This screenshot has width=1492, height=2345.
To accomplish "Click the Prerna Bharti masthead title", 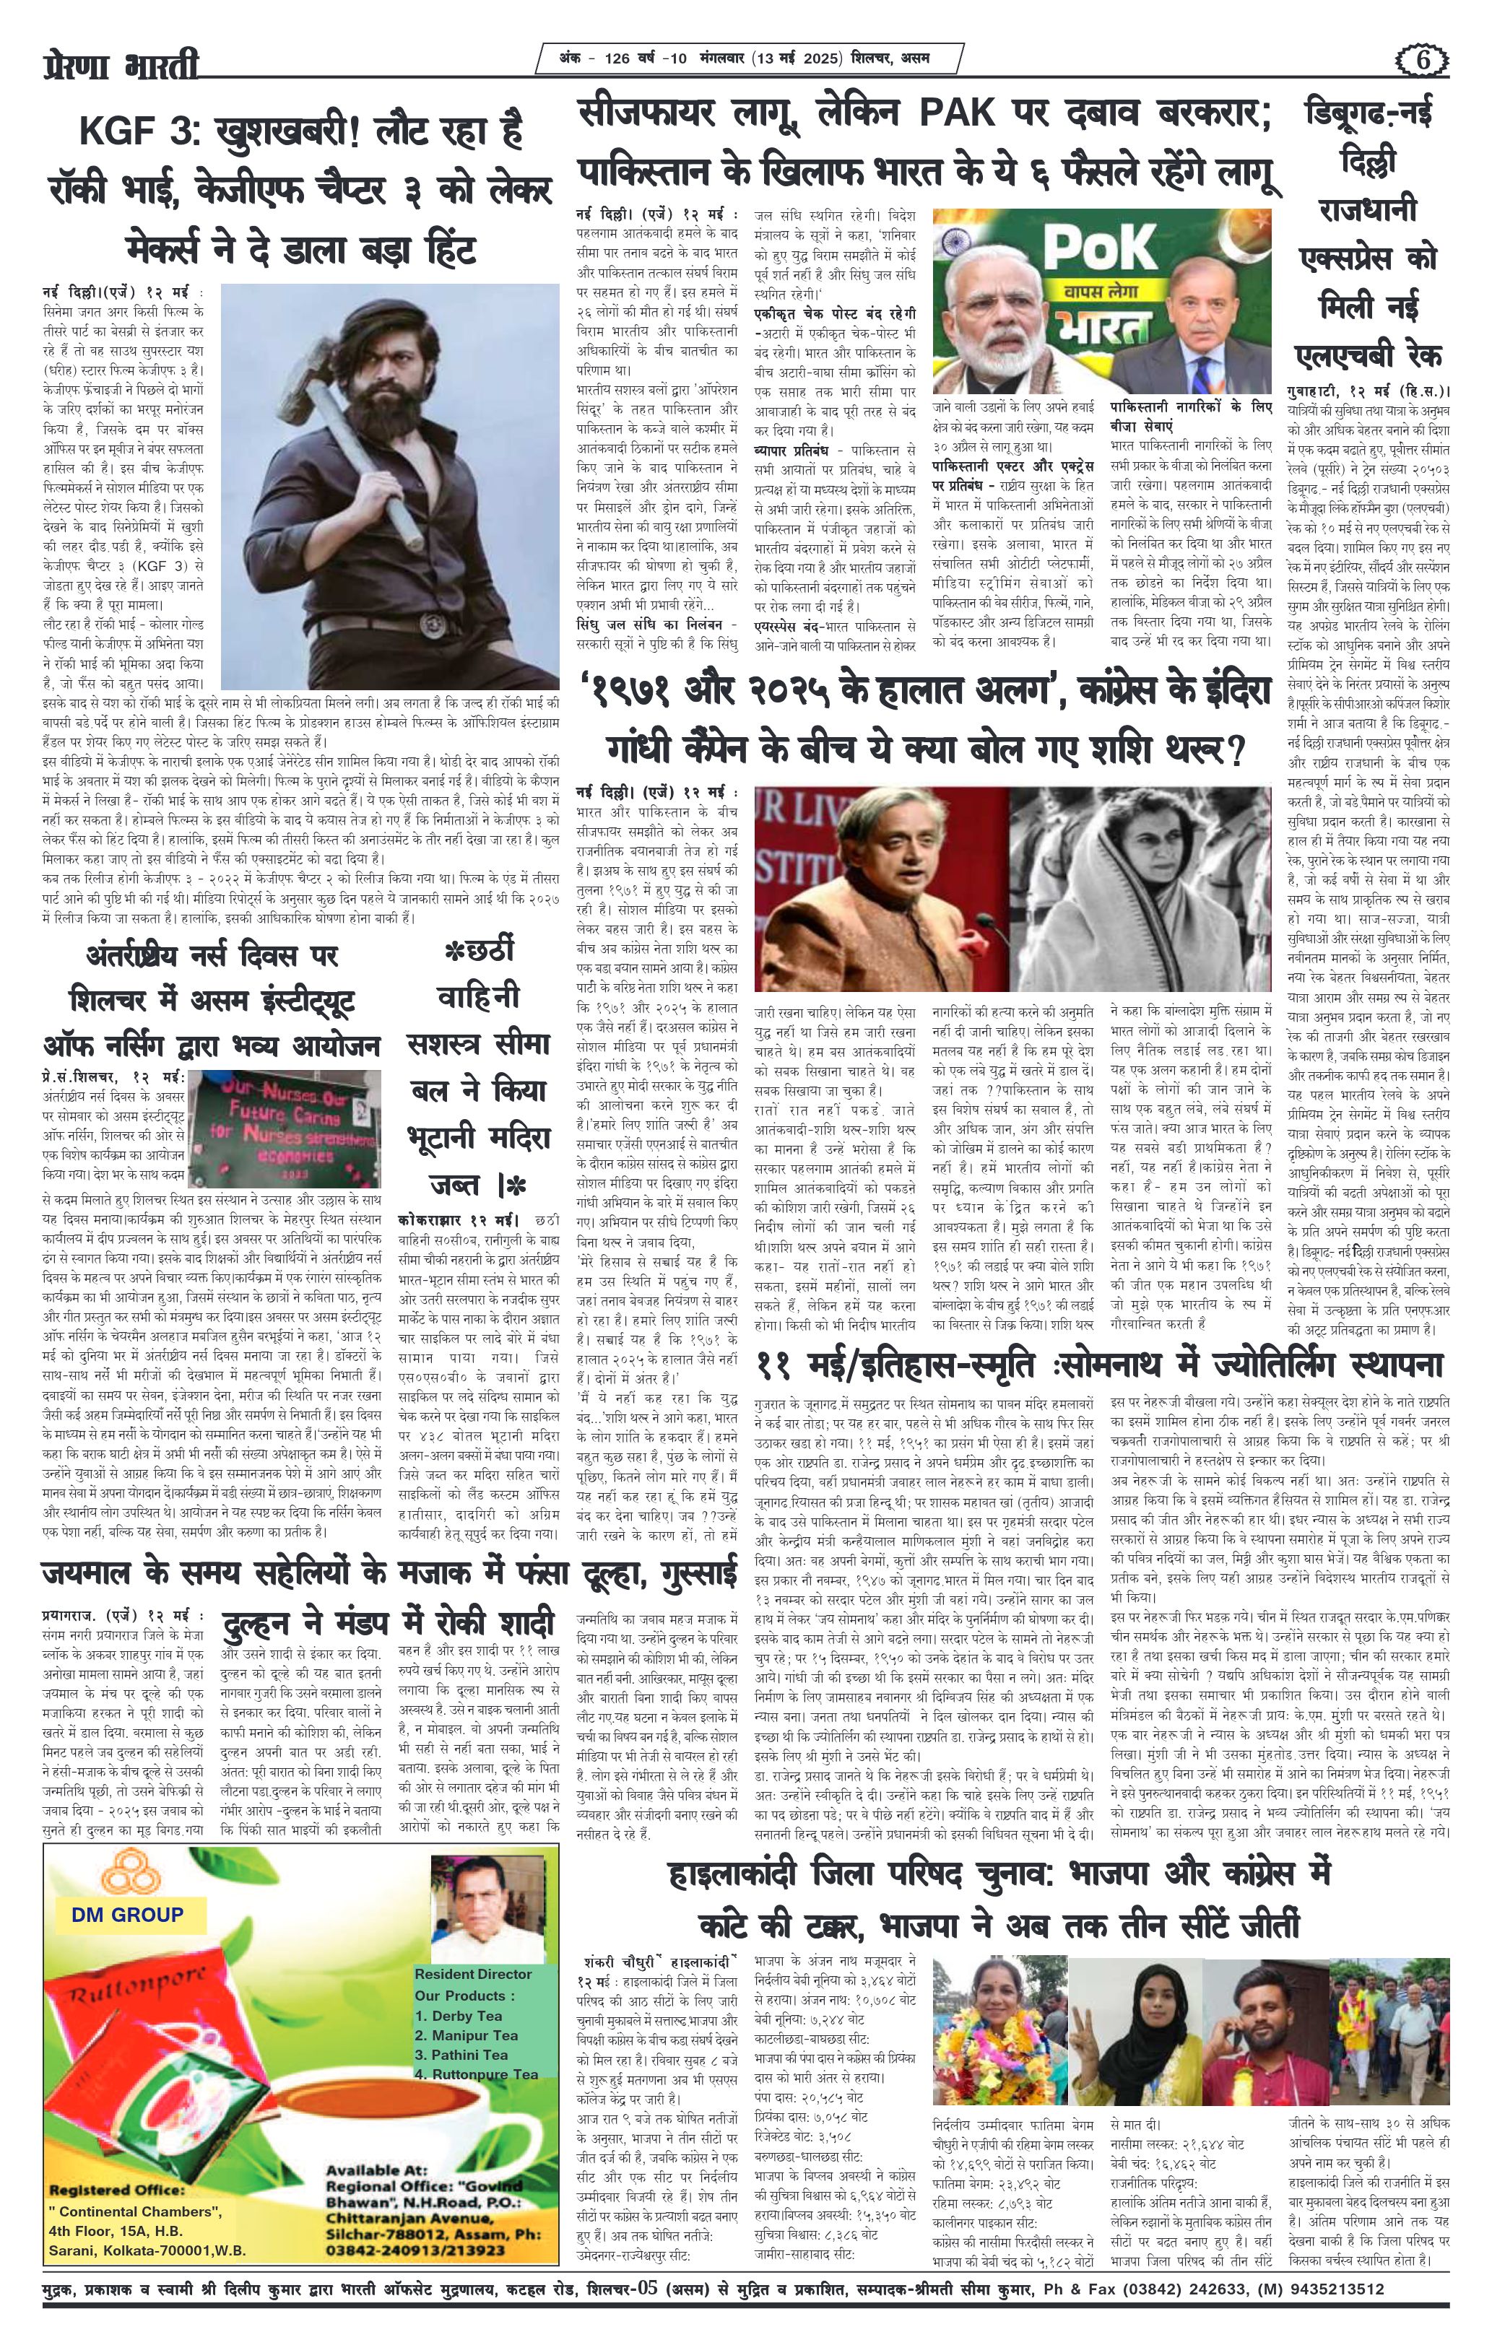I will [x=122, y=67].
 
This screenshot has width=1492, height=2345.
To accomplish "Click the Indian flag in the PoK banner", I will [x=959, y=243].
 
